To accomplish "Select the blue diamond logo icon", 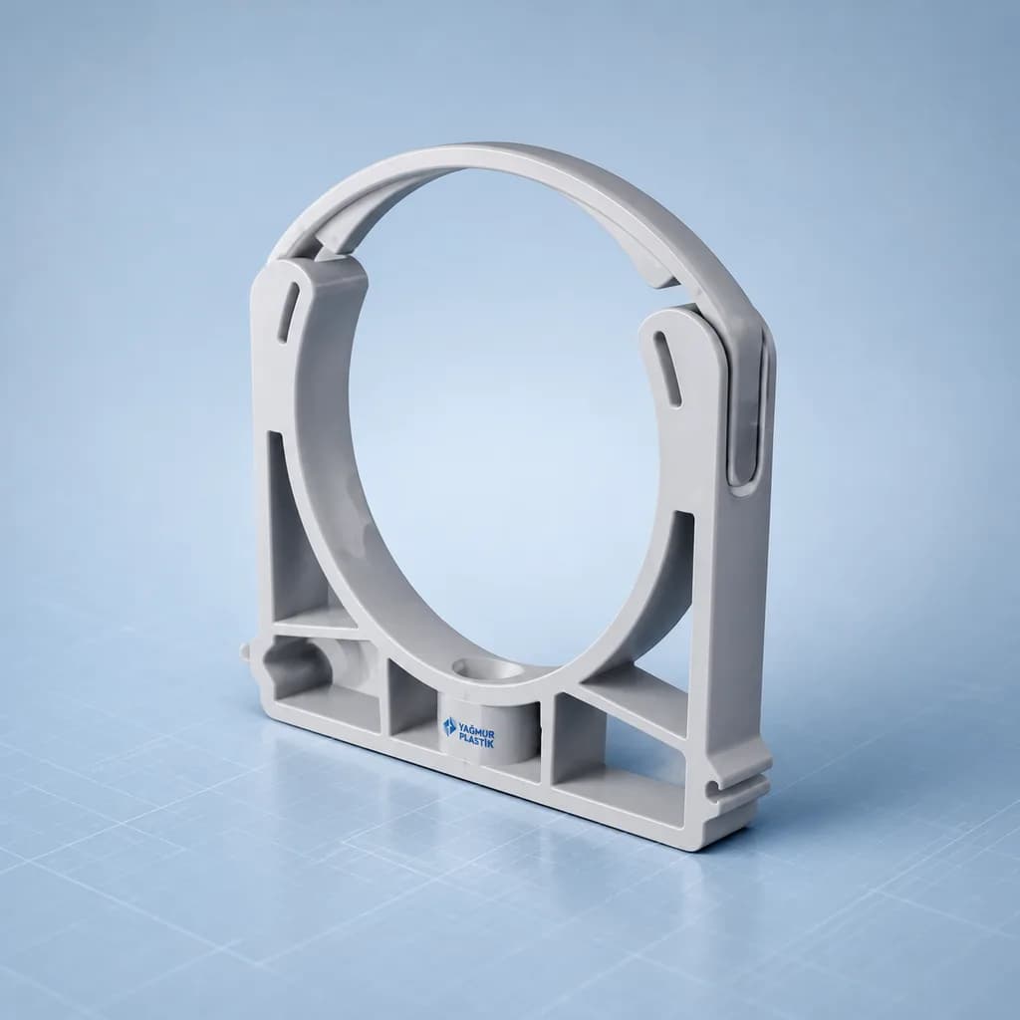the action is point(450,726).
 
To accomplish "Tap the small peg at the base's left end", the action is point(245,651).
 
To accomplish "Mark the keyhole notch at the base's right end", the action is point(716,788).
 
